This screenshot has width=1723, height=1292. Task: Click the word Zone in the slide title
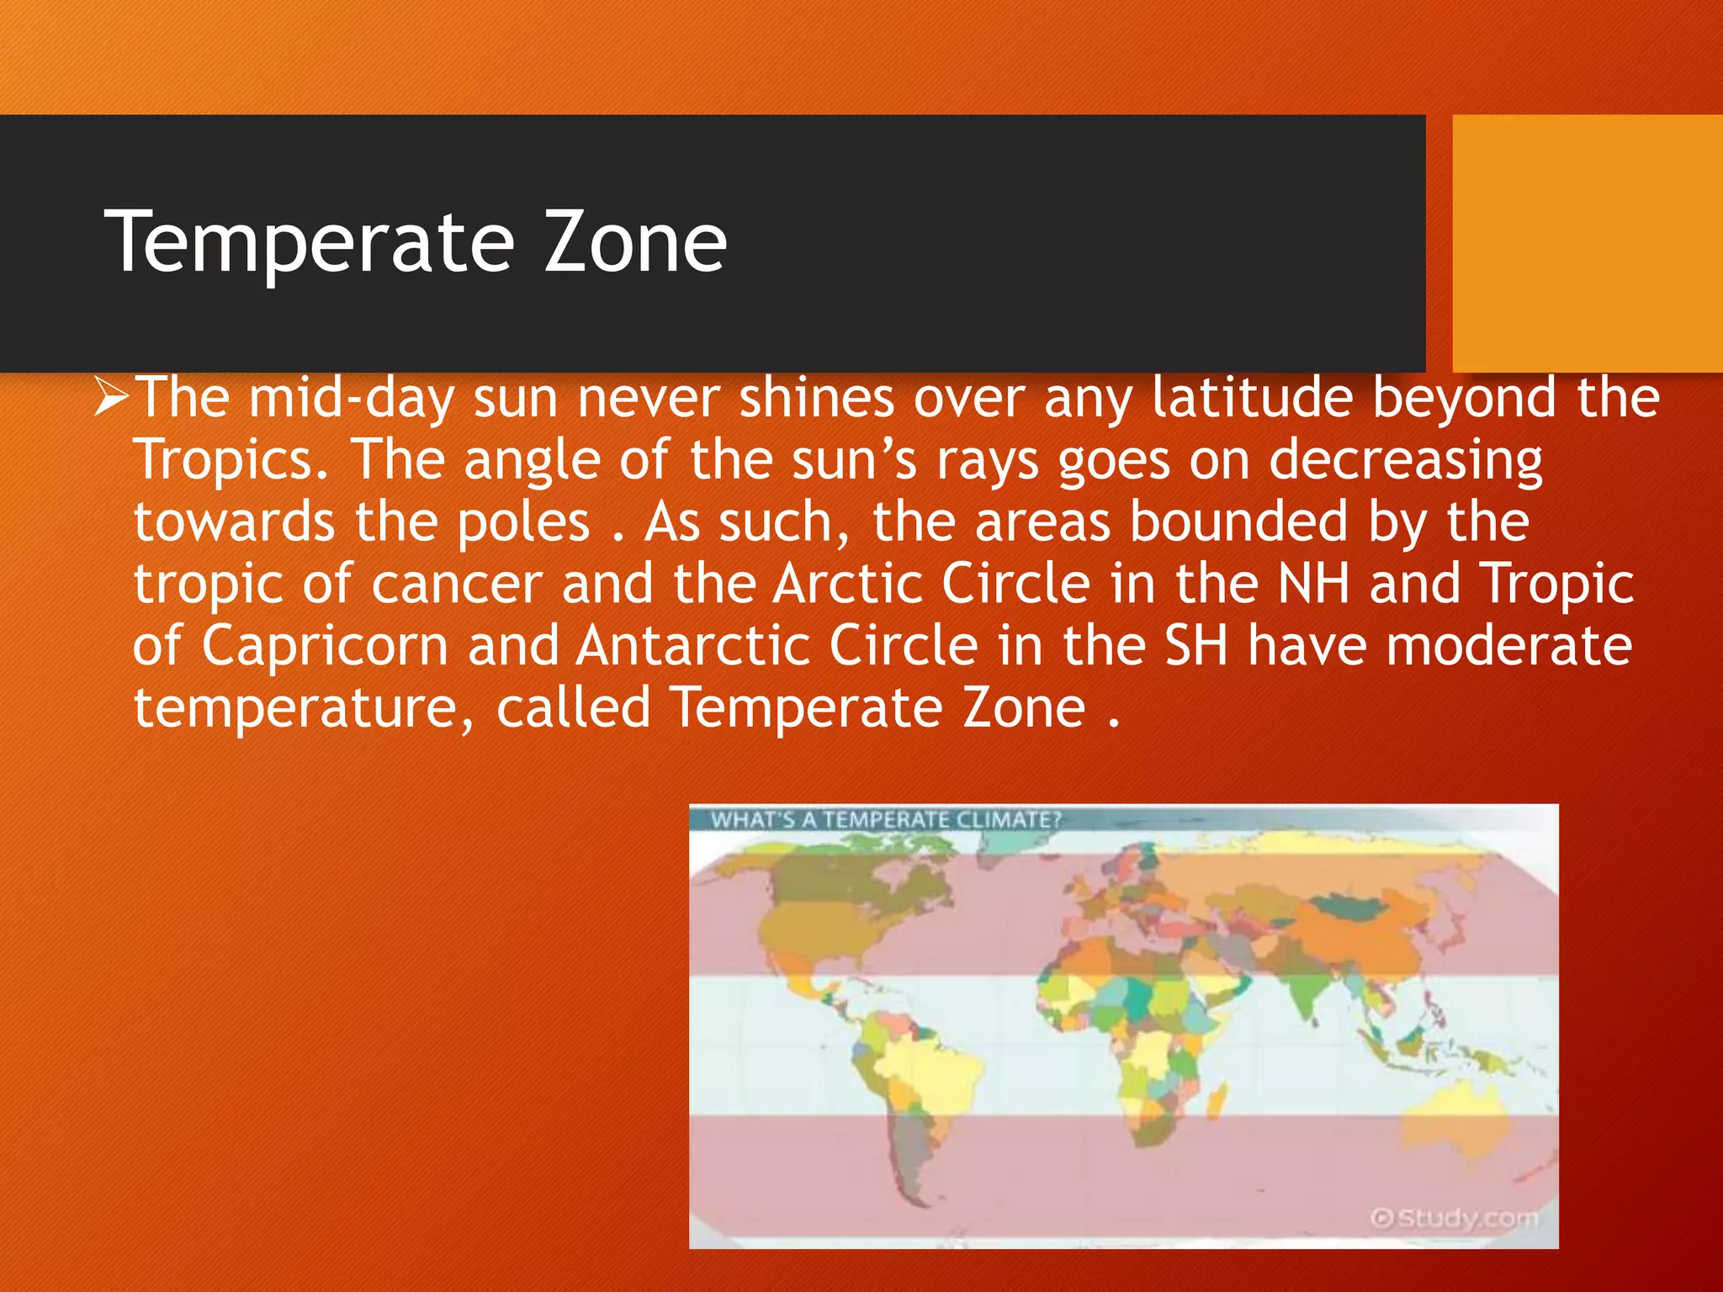[x=635, y=243]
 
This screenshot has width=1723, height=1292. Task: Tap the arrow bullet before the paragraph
[x=111, y=396]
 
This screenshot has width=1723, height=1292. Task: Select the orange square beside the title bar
[x=1587, y=243]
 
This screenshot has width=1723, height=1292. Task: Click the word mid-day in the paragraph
[x=351, y=398]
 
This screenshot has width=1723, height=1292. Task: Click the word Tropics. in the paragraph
[x=231, y=460]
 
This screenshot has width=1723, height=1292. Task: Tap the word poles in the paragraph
[x=523, y=522]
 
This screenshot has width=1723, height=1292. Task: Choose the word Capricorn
[x=325, y=646]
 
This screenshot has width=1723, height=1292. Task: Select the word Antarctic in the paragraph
[x=693, y=646]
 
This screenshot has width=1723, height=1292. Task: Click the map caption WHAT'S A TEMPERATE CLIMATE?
[x=885, y=819]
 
